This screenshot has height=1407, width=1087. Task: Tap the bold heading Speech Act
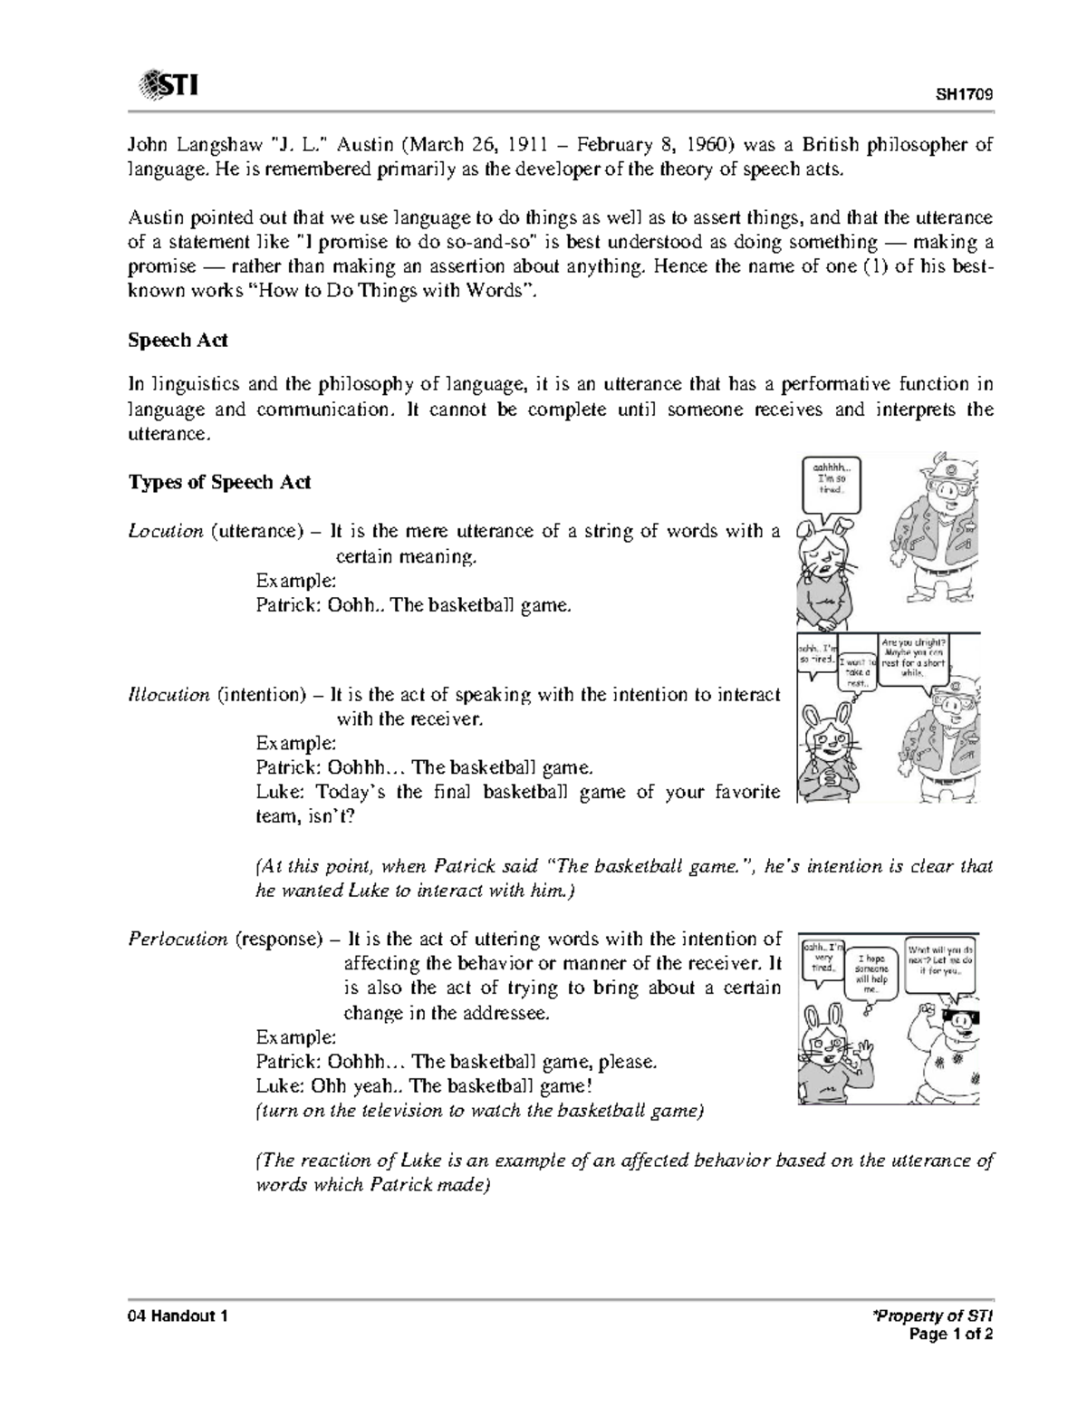(x=178, y=341)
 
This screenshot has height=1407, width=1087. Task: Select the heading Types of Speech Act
(x=219, y=482)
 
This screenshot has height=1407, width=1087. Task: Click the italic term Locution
(x=165, y=531)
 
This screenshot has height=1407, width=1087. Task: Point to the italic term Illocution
(x=168, y=695)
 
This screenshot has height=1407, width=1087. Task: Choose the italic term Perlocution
(x=178, y=940)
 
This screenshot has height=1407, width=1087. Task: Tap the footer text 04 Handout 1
(x=177, y=1316)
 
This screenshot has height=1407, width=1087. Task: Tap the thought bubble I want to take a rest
(x=856, y=672)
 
